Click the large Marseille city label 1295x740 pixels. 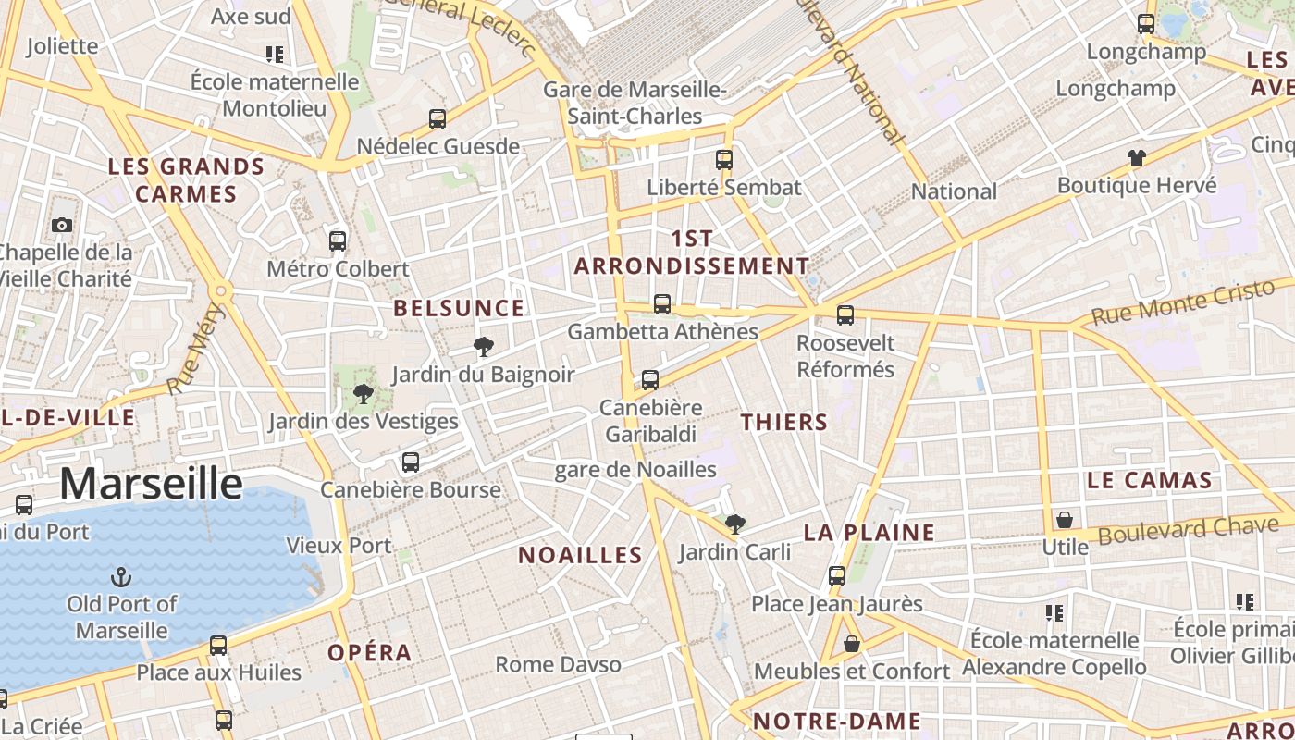coord(151,484)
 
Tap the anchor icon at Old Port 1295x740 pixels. coord(120,578)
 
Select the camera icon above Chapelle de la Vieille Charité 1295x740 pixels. coord(62,225)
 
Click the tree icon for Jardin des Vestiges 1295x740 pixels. coord(363,394)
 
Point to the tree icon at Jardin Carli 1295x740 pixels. coord(735,524)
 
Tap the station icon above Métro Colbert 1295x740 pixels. coord(338,241)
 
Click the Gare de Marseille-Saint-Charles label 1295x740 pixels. coord(635,103)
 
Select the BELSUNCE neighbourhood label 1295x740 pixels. coord(459,308)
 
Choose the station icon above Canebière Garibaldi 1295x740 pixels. coord(650,379)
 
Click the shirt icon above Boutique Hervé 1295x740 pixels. coord(1137,158)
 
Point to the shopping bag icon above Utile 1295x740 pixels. coord(1065,519)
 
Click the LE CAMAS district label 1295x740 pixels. coord(1149,480)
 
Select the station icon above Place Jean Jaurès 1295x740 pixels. coord(837,575)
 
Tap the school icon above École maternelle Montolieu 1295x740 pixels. coord(275,55)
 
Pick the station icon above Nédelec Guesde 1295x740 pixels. coord(438,118)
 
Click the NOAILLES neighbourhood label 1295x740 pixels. coord(580,555)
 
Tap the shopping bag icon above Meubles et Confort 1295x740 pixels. coord(852,643)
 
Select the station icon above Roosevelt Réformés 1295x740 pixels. coord(845,315)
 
